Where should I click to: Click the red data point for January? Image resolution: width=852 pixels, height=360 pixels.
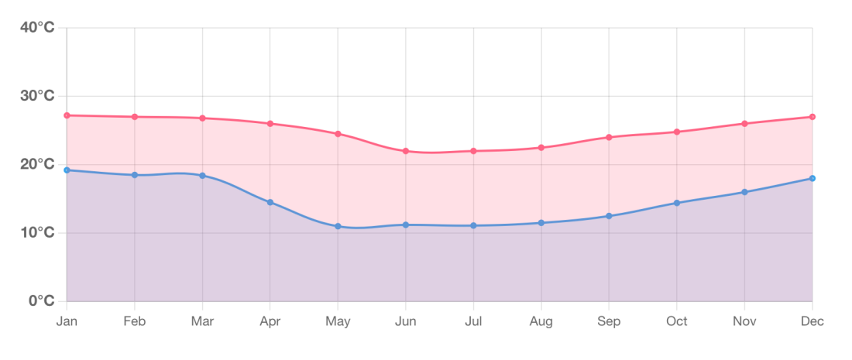click(67, 115)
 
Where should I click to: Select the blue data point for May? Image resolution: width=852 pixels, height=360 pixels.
click(338, 226)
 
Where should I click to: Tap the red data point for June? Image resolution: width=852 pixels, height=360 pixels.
click(406, 151)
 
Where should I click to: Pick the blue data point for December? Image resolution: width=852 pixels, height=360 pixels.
click(812, 179)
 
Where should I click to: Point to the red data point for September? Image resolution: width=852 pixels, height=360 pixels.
click(609, 137)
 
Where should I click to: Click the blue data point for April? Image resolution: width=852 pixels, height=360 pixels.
click(270, 202)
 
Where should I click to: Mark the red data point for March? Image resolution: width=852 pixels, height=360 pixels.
click(203, 118)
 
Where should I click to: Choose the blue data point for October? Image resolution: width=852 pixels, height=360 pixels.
click(677, 203)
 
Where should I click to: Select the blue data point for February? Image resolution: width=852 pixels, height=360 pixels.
click(135, 175)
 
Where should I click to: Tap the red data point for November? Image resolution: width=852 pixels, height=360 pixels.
click(744, 124)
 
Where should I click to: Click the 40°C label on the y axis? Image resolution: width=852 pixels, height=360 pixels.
click(37, 28)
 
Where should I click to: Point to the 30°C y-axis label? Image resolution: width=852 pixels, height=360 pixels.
click(37, 96)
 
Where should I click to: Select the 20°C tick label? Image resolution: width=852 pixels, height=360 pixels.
click(37, 164)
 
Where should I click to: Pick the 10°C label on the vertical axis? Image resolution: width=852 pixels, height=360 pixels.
click(37, 232)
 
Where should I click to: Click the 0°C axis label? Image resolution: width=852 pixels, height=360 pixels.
click(41, 300)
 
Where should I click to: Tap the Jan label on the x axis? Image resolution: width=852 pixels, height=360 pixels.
click(67, 321)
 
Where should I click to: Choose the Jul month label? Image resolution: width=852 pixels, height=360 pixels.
click(473, 321)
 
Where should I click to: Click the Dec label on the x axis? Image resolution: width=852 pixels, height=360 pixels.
click(812, 321)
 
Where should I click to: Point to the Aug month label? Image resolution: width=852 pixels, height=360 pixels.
click(541, 321)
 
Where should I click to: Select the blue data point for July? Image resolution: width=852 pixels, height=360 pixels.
click(473, 225)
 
